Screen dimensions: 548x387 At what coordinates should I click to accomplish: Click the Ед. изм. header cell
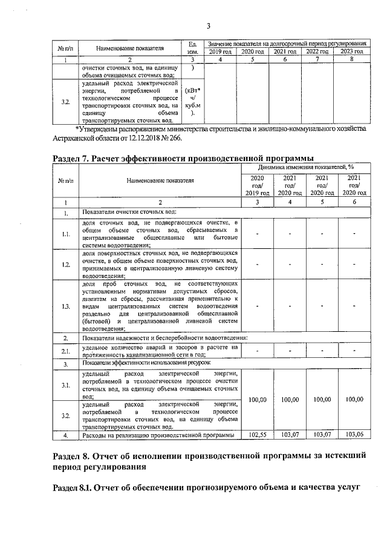pos(192,48)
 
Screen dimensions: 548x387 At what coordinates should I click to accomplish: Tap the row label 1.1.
pos(65,233)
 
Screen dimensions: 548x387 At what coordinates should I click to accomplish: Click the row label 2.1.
pos(65,351)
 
